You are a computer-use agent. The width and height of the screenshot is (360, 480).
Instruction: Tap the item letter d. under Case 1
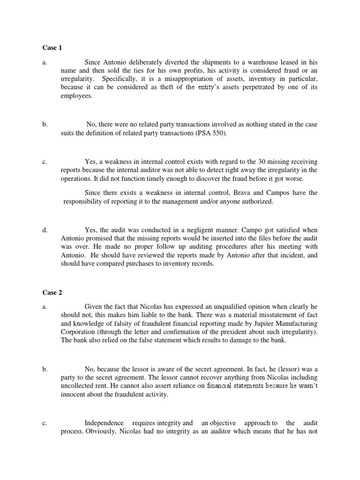click(x=45, y=230)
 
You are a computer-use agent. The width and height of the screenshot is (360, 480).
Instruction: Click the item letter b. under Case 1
click(x=45, y=125)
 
